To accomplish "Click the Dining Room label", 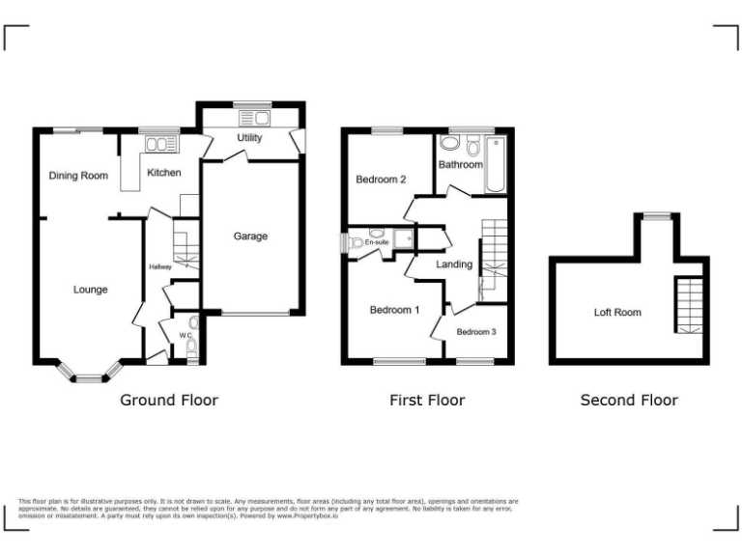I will coord(78,176).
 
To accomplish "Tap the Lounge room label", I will coord(92,290).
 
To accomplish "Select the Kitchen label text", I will coord(163,173).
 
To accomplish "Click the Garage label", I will coord(250,236).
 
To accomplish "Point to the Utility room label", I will coord(249,138).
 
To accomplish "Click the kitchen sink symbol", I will coord(156,144).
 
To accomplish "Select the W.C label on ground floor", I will coord(184,335).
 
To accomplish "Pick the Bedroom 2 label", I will coord(380,180).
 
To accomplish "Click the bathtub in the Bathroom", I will coord(496,164).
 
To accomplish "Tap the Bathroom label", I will coord(460,165).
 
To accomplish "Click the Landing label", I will coord(454,264).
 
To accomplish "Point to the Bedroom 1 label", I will coord(395,310).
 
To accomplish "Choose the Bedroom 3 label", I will coord(476,332).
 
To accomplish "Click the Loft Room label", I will coord(617,313).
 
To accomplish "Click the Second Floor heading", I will coord(629,400).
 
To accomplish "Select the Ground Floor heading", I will coord(168,400).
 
